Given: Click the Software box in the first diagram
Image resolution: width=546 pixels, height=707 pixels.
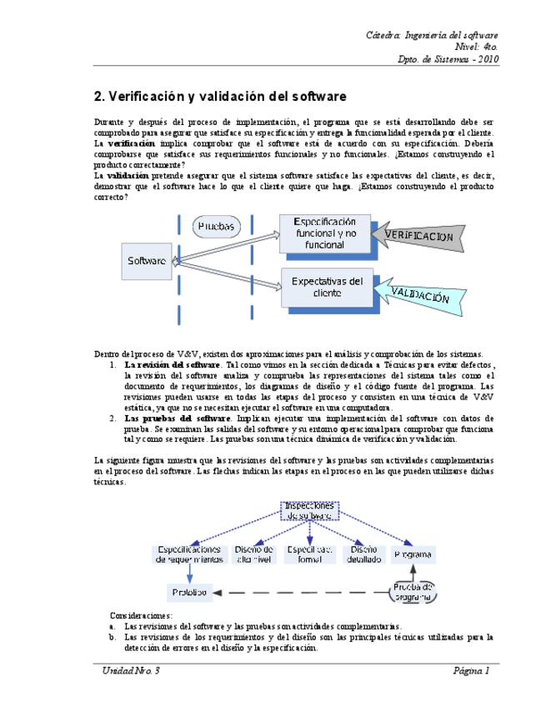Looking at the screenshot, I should [147, 260].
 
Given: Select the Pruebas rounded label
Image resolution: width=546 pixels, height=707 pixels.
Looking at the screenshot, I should [218, 226].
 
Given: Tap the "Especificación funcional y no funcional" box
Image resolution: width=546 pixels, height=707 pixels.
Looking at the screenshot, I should [324, 233].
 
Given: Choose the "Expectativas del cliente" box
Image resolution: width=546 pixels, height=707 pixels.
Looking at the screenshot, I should [327, 287].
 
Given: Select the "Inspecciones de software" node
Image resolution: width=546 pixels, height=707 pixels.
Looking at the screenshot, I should [309, 510].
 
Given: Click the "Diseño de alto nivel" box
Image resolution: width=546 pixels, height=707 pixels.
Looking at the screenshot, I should [253, 554].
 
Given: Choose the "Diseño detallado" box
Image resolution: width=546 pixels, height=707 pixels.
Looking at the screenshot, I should [363, 554].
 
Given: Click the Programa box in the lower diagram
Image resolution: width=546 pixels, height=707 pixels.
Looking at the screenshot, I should [413, 554].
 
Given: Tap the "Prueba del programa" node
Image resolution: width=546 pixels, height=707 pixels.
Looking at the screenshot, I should [413, 592].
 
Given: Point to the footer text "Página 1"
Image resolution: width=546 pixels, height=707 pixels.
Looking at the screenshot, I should [471, 670].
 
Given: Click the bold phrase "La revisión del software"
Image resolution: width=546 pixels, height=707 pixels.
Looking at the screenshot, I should [172, 365].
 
